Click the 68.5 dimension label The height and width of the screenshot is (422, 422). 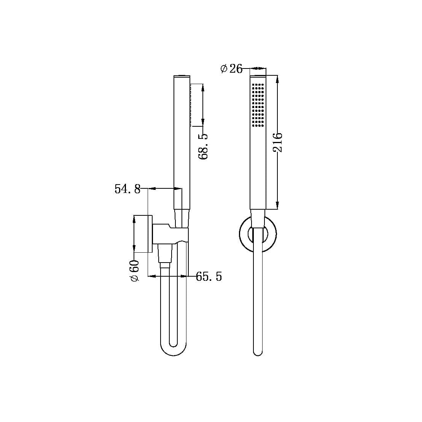204,146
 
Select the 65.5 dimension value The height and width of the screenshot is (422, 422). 209,277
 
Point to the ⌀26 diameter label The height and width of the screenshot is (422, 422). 231,69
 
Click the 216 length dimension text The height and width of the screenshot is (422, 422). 278,142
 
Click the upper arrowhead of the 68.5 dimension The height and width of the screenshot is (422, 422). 202,87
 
